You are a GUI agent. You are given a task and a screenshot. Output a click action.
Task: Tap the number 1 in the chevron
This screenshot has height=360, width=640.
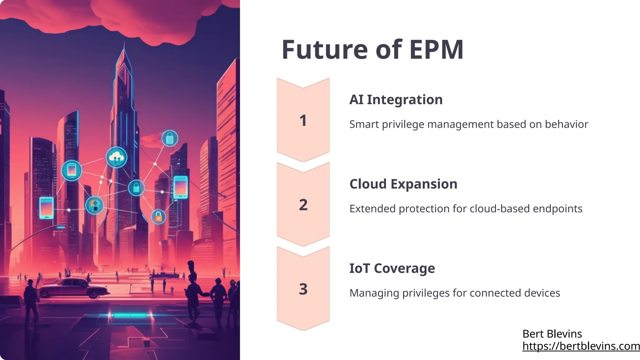[x=303, y=121]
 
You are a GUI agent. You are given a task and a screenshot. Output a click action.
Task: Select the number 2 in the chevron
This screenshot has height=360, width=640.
[x=303, y=205]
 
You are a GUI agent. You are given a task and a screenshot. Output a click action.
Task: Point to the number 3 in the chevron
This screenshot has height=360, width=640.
[x=303, y=289]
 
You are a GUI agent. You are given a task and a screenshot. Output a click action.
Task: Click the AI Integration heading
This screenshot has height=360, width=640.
[x=396, y=100]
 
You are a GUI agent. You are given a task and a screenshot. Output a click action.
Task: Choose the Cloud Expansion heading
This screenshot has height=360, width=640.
[x=403, y=184]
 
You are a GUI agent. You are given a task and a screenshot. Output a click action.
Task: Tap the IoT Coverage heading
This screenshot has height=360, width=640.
[x=392, y=268]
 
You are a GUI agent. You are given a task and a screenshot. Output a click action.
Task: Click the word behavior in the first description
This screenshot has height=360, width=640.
[x=566, y=124]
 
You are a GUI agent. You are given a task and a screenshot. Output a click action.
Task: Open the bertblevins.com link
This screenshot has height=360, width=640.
[x=581, y=346]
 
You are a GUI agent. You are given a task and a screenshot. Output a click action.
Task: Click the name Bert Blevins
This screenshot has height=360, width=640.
[x=552, y=334]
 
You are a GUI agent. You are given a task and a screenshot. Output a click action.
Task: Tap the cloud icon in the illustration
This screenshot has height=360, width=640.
[x=117, y=157]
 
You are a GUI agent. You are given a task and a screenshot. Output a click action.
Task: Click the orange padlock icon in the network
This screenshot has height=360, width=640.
[x=158, y=216]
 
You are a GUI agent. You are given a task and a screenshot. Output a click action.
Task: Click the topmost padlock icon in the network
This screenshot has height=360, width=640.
[x=170, y=138]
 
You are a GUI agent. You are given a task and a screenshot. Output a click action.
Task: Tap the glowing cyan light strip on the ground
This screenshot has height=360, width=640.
[x=129, y=315]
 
